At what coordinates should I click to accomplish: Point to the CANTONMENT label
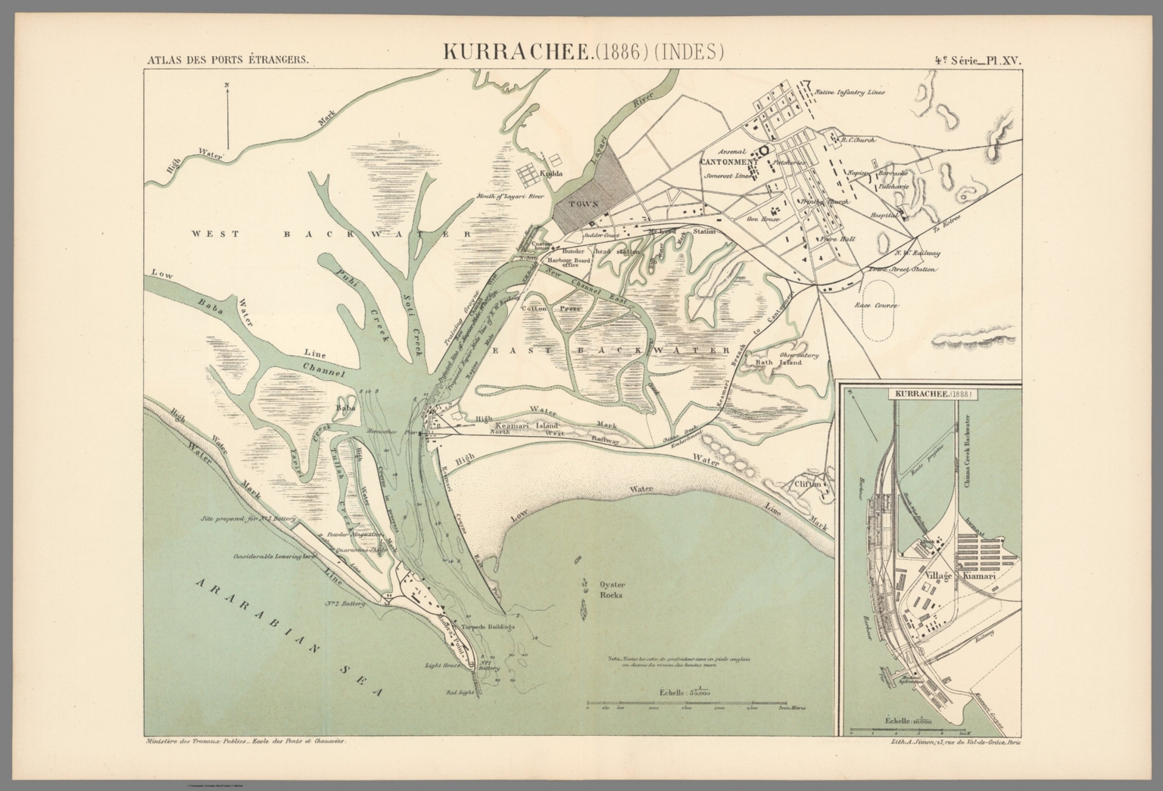coord(728,162)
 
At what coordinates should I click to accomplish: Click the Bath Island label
coord(773,363)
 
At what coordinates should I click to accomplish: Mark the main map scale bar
coord(695,704)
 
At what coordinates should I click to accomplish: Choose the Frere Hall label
coord(837,238)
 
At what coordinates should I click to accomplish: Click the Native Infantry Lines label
coord(849,92)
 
